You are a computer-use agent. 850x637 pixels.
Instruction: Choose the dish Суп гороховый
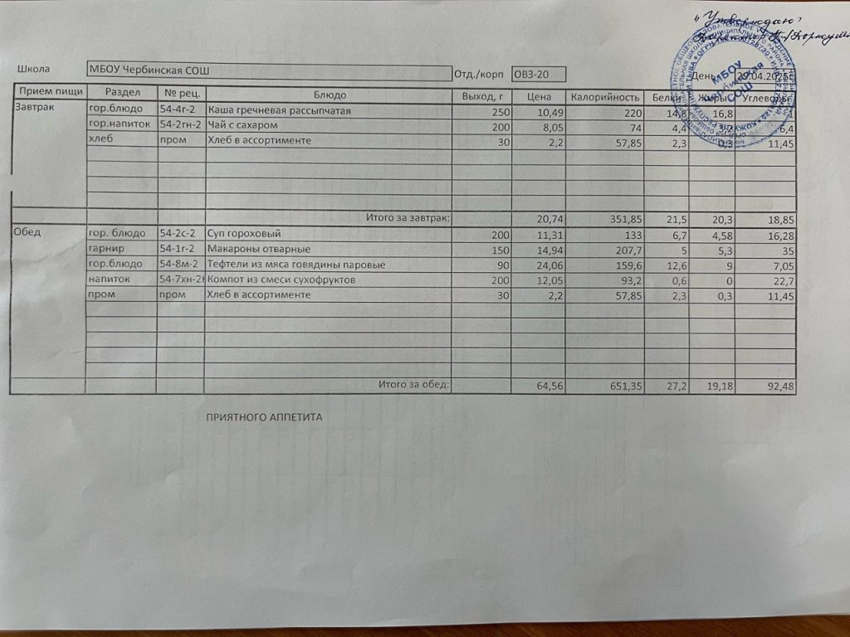coord(245,234)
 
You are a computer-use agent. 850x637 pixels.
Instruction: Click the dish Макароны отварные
coord(258,249)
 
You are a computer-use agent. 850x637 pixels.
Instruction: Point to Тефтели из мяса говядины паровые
coord(296,265)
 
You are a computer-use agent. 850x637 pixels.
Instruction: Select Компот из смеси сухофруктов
coord(281,280)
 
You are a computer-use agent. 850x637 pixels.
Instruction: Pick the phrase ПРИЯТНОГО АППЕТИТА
coord(263,417)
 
